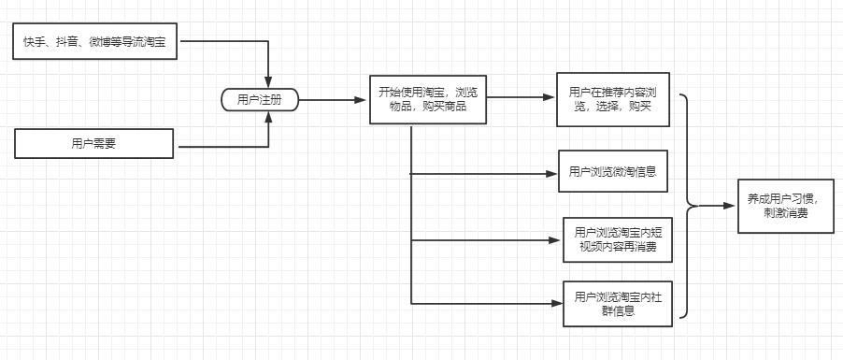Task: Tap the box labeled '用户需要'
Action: tap(94, 144)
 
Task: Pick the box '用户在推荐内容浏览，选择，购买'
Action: tap(613, 100)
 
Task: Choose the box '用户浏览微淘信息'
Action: tap(613, 171)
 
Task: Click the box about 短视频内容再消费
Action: tap(617, 240)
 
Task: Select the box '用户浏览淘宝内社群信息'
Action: tap(617, 304)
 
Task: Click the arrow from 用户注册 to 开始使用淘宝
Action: tap(332, 99)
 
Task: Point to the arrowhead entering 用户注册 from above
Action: tap(269, 81)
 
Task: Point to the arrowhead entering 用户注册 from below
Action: tap(269, 117)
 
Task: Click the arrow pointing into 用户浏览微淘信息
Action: tap(551, 173)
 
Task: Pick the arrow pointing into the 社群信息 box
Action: tap(555, 303)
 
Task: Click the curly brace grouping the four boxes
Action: tap(690, 206)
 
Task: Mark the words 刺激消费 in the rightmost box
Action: tap(787, 214)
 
